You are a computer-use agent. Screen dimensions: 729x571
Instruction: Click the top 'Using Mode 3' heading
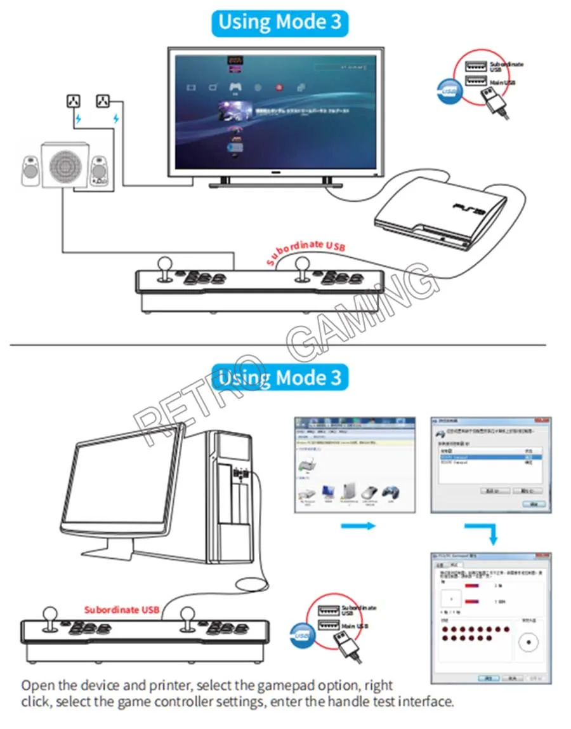coord(279,22)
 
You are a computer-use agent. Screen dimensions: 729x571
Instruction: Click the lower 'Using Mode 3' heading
coord(279,378)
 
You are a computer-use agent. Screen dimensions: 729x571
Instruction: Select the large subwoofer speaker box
coord(65,164)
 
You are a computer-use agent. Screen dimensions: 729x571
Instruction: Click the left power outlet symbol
coord(74,100)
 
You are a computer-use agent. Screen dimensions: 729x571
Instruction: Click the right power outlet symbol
coord(103,100)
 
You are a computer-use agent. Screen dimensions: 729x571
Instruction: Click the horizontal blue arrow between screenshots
coord(358,526)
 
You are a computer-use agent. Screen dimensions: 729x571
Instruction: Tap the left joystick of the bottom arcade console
coord(50,618)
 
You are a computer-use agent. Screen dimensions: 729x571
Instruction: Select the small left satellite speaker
coord(30,170)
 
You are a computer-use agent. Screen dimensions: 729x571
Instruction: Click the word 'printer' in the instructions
coord(170,686)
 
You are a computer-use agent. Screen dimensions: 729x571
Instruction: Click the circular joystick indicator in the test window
coord(527,643)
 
